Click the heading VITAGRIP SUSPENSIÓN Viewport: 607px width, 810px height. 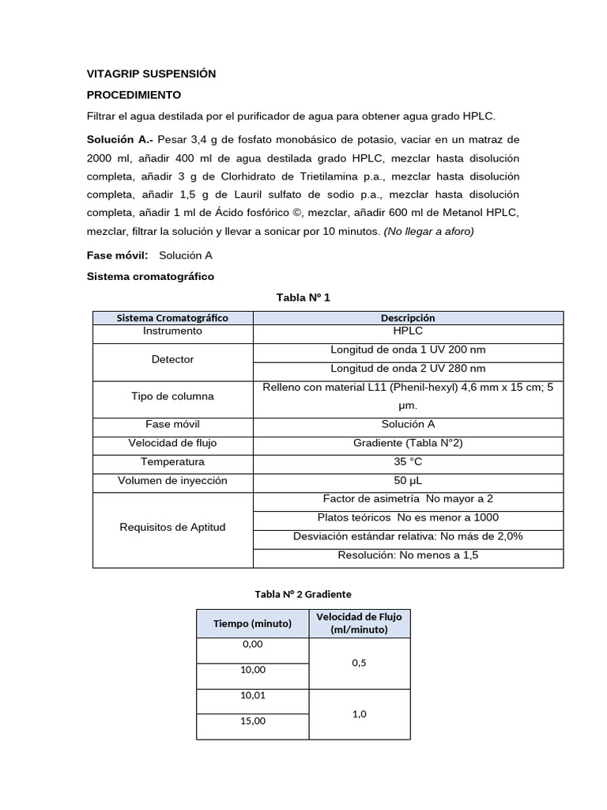(x=151, y=74)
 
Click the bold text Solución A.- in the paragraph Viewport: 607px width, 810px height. (x=119, y=139)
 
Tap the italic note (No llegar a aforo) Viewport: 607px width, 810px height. (x=428, y=231)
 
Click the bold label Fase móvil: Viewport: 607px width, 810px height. (x=118, y=255)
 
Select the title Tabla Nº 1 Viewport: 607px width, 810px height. (x=303, y=297)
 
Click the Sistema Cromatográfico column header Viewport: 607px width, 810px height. (x=172, y=317)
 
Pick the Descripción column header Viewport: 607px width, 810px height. (x=408, y=317)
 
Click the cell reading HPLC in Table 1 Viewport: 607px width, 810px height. (x=408, y=331)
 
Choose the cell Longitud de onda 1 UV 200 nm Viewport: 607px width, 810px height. (x=408, y=350)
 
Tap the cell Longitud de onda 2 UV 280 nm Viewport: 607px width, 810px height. (x=408, y=369)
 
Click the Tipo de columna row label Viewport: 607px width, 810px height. (x=172, y=396)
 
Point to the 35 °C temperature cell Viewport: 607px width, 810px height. (x=408, y=461)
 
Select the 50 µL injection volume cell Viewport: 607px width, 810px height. (x=408, y=480)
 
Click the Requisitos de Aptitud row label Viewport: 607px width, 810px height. (x=172, y=527)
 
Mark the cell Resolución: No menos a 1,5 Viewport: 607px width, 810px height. (x=408, y=555)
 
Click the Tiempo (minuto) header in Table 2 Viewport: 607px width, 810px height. (x=253, y=623)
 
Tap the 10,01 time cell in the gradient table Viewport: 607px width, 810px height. (x=253, y=695)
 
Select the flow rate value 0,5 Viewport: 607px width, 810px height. (x=360, y=663)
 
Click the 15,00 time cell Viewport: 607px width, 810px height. (x=253, y=721)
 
